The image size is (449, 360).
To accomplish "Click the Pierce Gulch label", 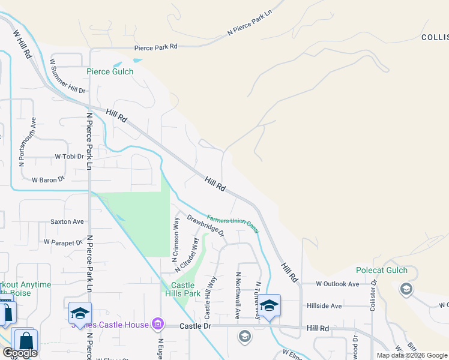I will click(x=110, y=71).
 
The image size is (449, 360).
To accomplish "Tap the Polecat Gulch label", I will click(x=382, y=271).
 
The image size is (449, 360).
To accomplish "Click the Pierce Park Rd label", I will click(x=156, y=46).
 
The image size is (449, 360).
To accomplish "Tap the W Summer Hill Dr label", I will click(x=68, y=76).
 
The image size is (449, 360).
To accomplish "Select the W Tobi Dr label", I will click(x=69, y=156).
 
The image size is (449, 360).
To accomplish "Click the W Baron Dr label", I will click(x=48, y=179).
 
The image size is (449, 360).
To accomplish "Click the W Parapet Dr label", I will click(x=63, y=242).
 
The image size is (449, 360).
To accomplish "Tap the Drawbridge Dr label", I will click(x=205, y=224).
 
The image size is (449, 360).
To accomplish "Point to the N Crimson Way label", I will click(x=176, y=240).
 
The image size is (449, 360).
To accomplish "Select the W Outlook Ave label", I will click(x=338, y=284).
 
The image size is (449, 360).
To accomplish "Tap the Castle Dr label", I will click(x=196, y=325).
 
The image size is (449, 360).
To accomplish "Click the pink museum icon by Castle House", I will click(x=158, y=325).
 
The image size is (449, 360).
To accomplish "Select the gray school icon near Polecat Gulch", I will click(x=406, y=289).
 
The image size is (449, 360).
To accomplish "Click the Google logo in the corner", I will click(x=20, y=353).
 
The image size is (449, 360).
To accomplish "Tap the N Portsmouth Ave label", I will click(x=22, y=142).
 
